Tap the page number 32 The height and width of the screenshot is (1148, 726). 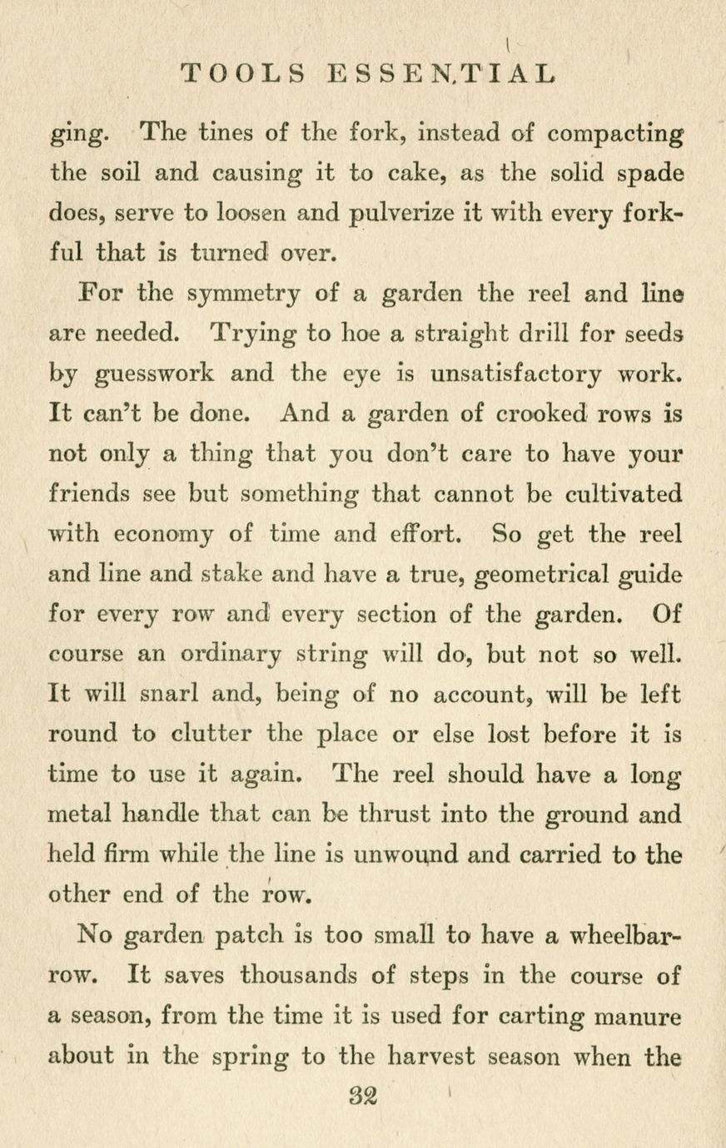coord(363,1097)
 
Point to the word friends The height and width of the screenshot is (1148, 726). coord(90,493)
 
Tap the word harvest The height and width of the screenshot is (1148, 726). coord(433,1056)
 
